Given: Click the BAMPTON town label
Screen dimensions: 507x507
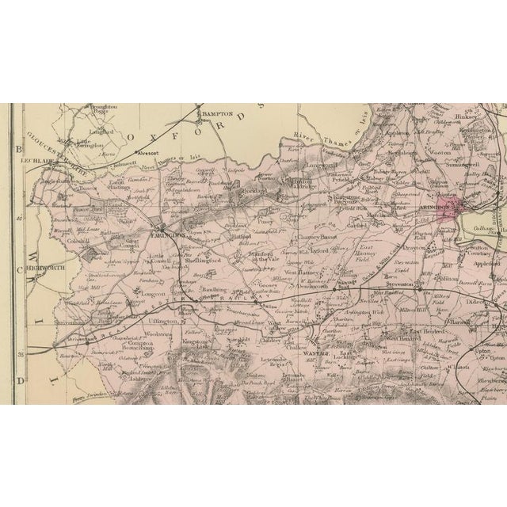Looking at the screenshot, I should pyautogui.click(x=218, y=115).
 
